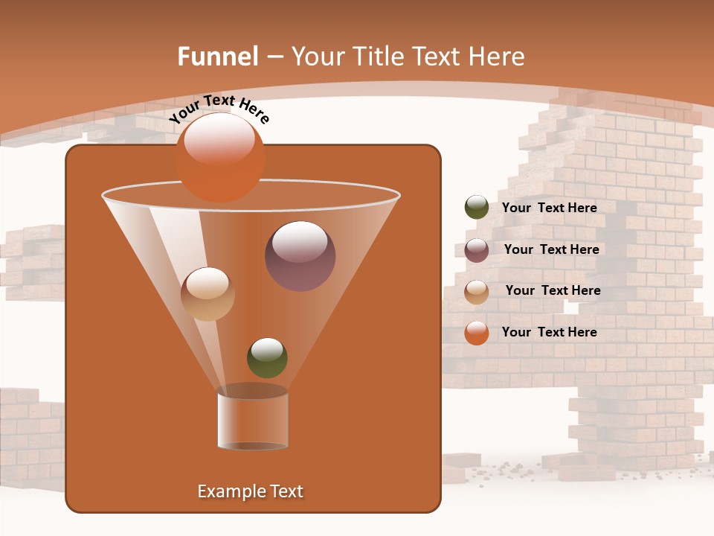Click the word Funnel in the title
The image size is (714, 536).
pos(218,57)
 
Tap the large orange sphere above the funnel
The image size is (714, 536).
pos(219,157)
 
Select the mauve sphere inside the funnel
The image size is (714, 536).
pos(300,255)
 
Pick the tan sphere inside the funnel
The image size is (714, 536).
pos(208,294)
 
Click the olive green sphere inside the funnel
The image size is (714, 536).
pos(267,357)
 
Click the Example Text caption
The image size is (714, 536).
pos(250,491)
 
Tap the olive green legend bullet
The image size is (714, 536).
pos(477,208)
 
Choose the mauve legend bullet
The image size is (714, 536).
pos(477,250)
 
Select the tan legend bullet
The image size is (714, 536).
pos(477,291)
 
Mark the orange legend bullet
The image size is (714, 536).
pos(477,333)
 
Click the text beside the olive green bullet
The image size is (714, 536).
pos(549,208)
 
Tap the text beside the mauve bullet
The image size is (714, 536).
pos(551,250)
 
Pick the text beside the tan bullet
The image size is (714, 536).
pos(553,291)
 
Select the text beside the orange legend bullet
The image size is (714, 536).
pos(549,333)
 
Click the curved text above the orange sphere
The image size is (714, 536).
pos(218,109)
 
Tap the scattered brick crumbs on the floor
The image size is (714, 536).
pos(506,468)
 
